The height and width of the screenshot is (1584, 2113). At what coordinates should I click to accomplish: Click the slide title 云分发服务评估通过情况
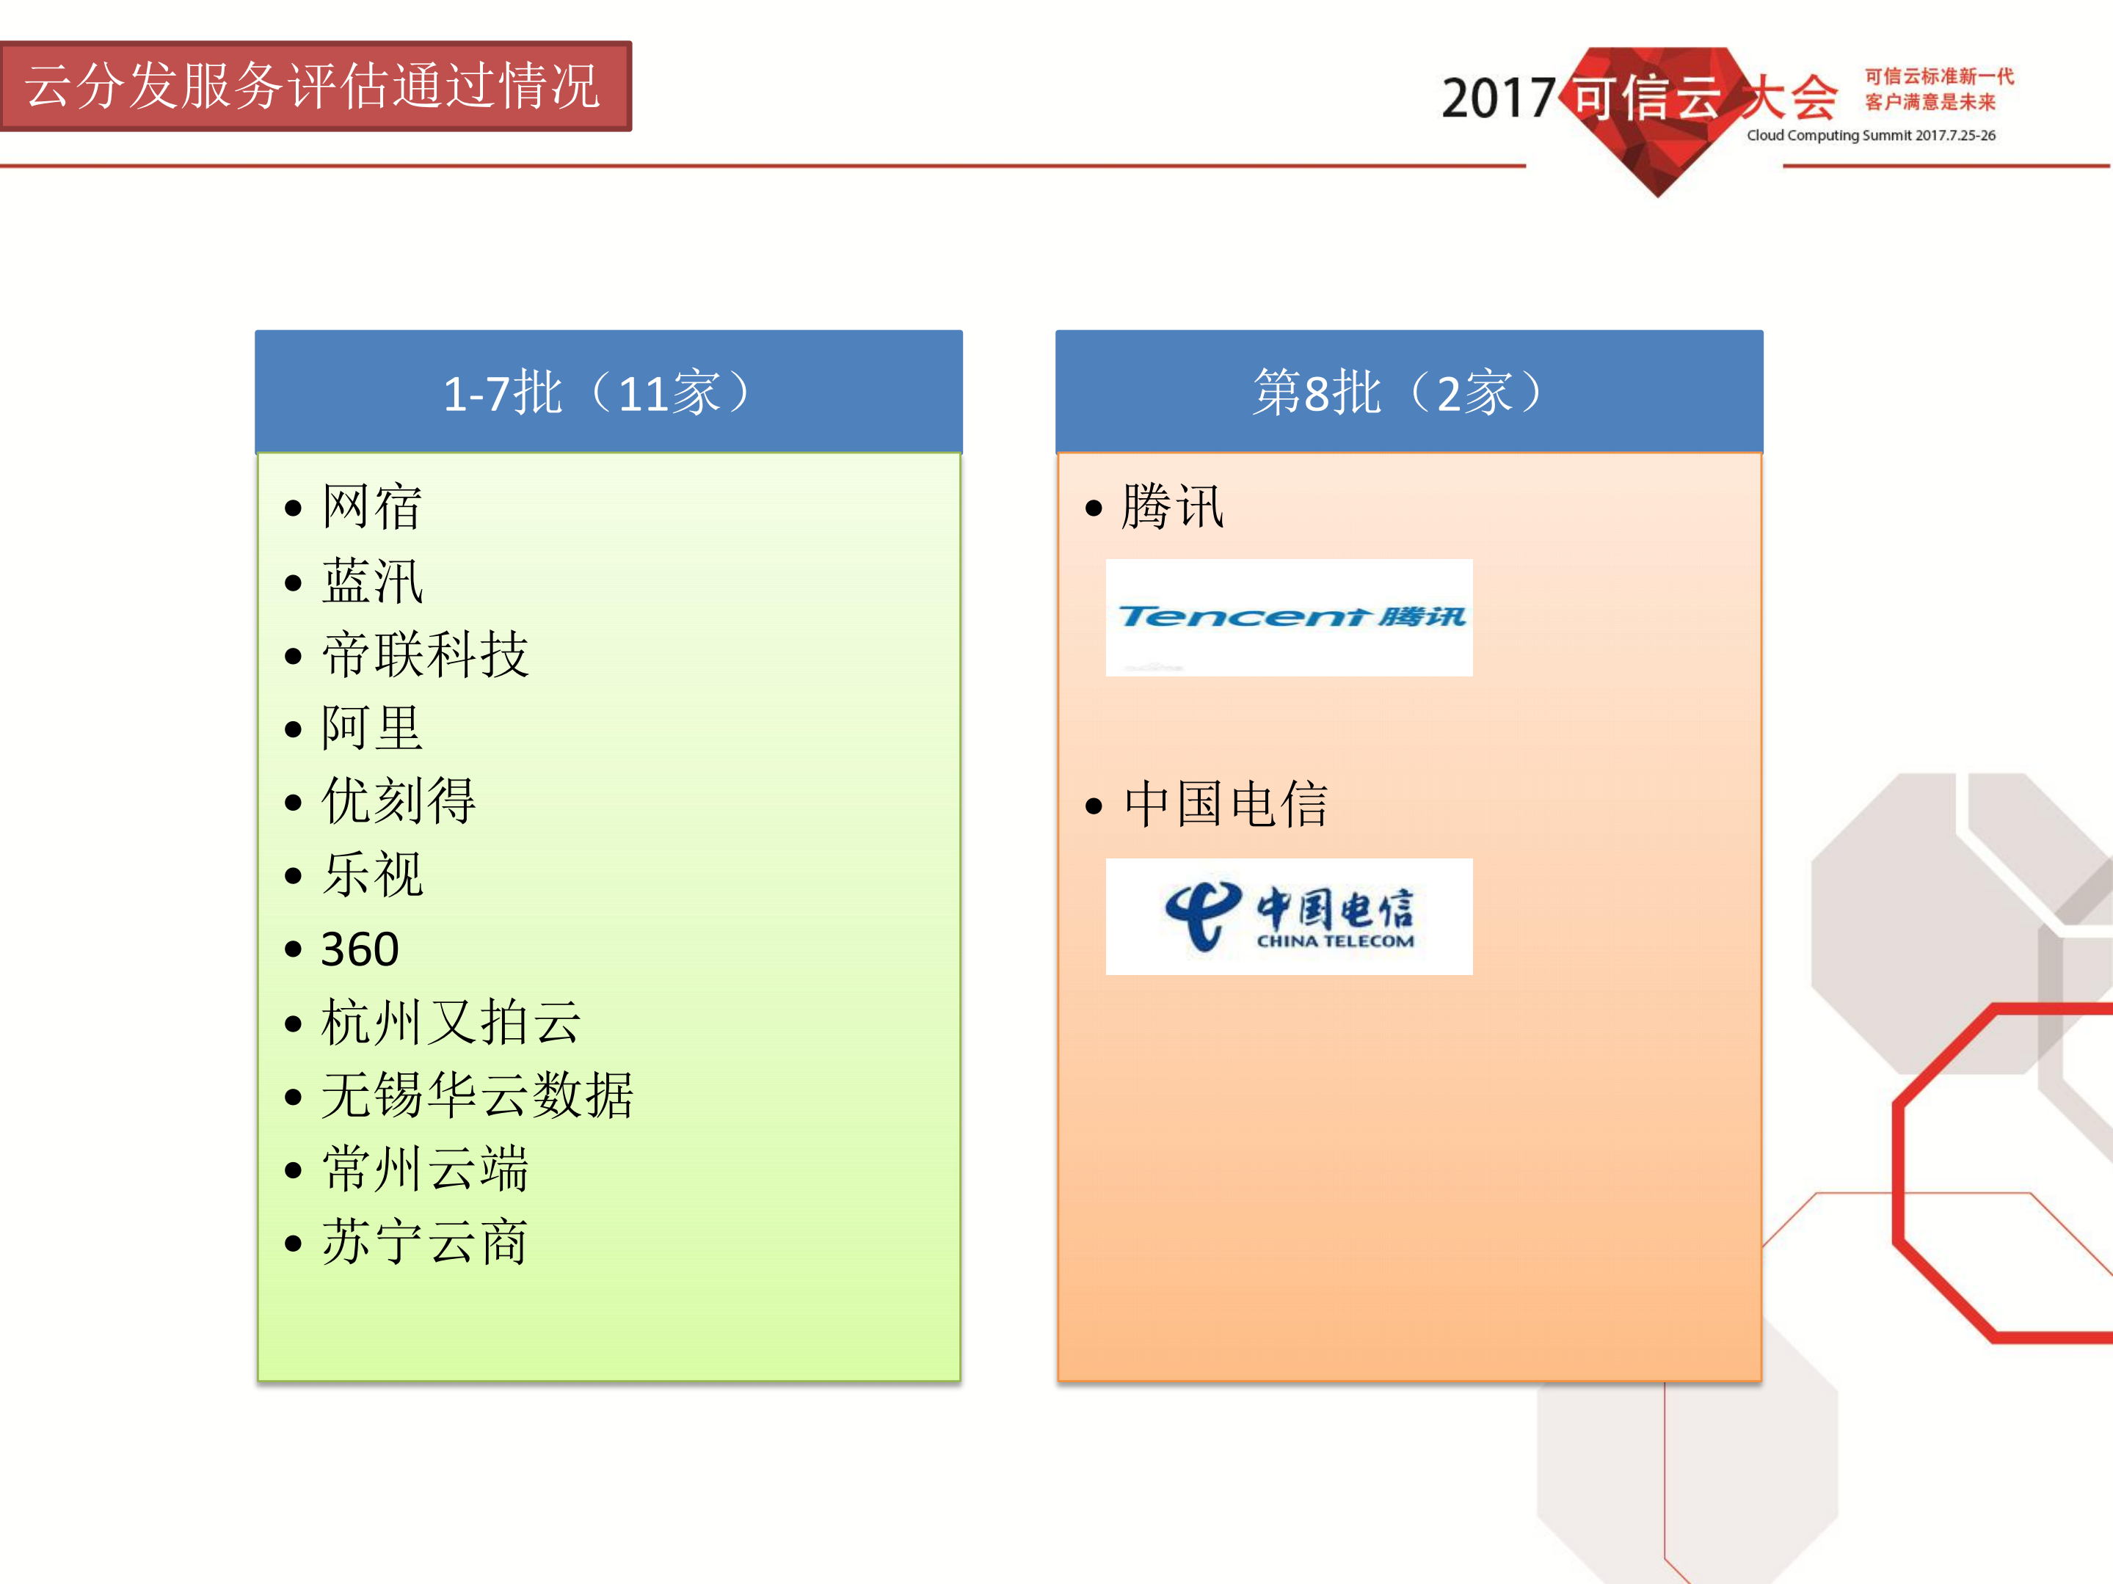(x=313, y=86)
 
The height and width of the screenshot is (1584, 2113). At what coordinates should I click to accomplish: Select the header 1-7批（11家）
(x=600, y=393)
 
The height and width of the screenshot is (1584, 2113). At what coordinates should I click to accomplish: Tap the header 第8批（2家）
(x=1400, y=393)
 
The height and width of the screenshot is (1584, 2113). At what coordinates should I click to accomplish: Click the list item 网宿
(x=371, y=506)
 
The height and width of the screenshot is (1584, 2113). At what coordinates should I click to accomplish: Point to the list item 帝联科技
(x=424, y=655)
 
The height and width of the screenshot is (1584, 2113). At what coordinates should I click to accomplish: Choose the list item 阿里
(x=371, y=728)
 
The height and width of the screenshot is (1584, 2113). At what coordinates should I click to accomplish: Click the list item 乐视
(x=371, y=875)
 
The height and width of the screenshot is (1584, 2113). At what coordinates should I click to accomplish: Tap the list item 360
(x=359, y=949)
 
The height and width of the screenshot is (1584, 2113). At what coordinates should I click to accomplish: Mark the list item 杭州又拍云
(x=450, y=1023)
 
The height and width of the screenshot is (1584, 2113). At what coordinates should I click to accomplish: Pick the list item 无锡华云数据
(x=476, y=1095)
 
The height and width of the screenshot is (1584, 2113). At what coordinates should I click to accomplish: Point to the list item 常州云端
(x=424, y=1169)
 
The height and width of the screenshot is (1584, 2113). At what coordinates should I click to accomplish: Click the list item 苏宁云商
(x=424, y=1242)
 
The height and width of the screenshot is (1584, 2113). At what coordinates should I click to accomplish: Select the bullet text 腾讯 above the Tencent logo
(x=1171, y=506)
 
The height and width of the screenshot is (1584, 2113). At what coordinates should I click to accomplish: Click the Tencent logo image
(x=1289, y=618)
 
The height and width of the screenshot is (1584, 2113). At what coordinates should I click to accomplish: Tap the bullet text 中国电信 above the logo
(x=1225, y=804)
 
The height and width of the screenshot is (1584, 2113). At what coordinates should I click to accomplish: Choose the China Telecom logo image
(x=1289, y=916)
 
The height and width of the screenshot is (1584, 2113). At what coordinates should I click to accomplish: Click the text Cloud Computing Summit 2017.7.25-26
(x=1870, y=136)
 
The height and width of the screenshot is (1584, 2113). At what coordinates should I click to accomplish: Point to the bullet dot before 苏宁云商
(x=294, y=1244)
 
